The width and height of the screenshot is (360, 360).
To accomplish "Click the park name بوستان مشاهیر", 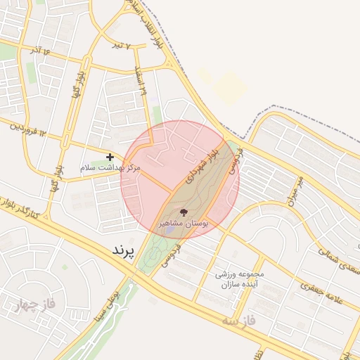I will pyautogui.click(x=184, y=222).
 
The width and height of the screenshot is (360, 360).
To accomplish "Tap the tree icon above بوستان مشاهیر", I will pyautogui.click(x=184, y=212).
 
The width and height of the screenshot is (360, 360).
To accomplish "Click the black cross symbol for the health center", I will pyautogui.click(x=109, y=157).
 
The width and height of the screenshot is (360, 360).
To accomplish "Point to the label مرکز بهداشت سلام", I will pyautogui.click(x=111, y=169).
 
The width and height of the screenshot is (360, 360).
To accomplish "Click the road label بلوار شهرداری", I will pyautogui.click(x=202, y=161).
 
